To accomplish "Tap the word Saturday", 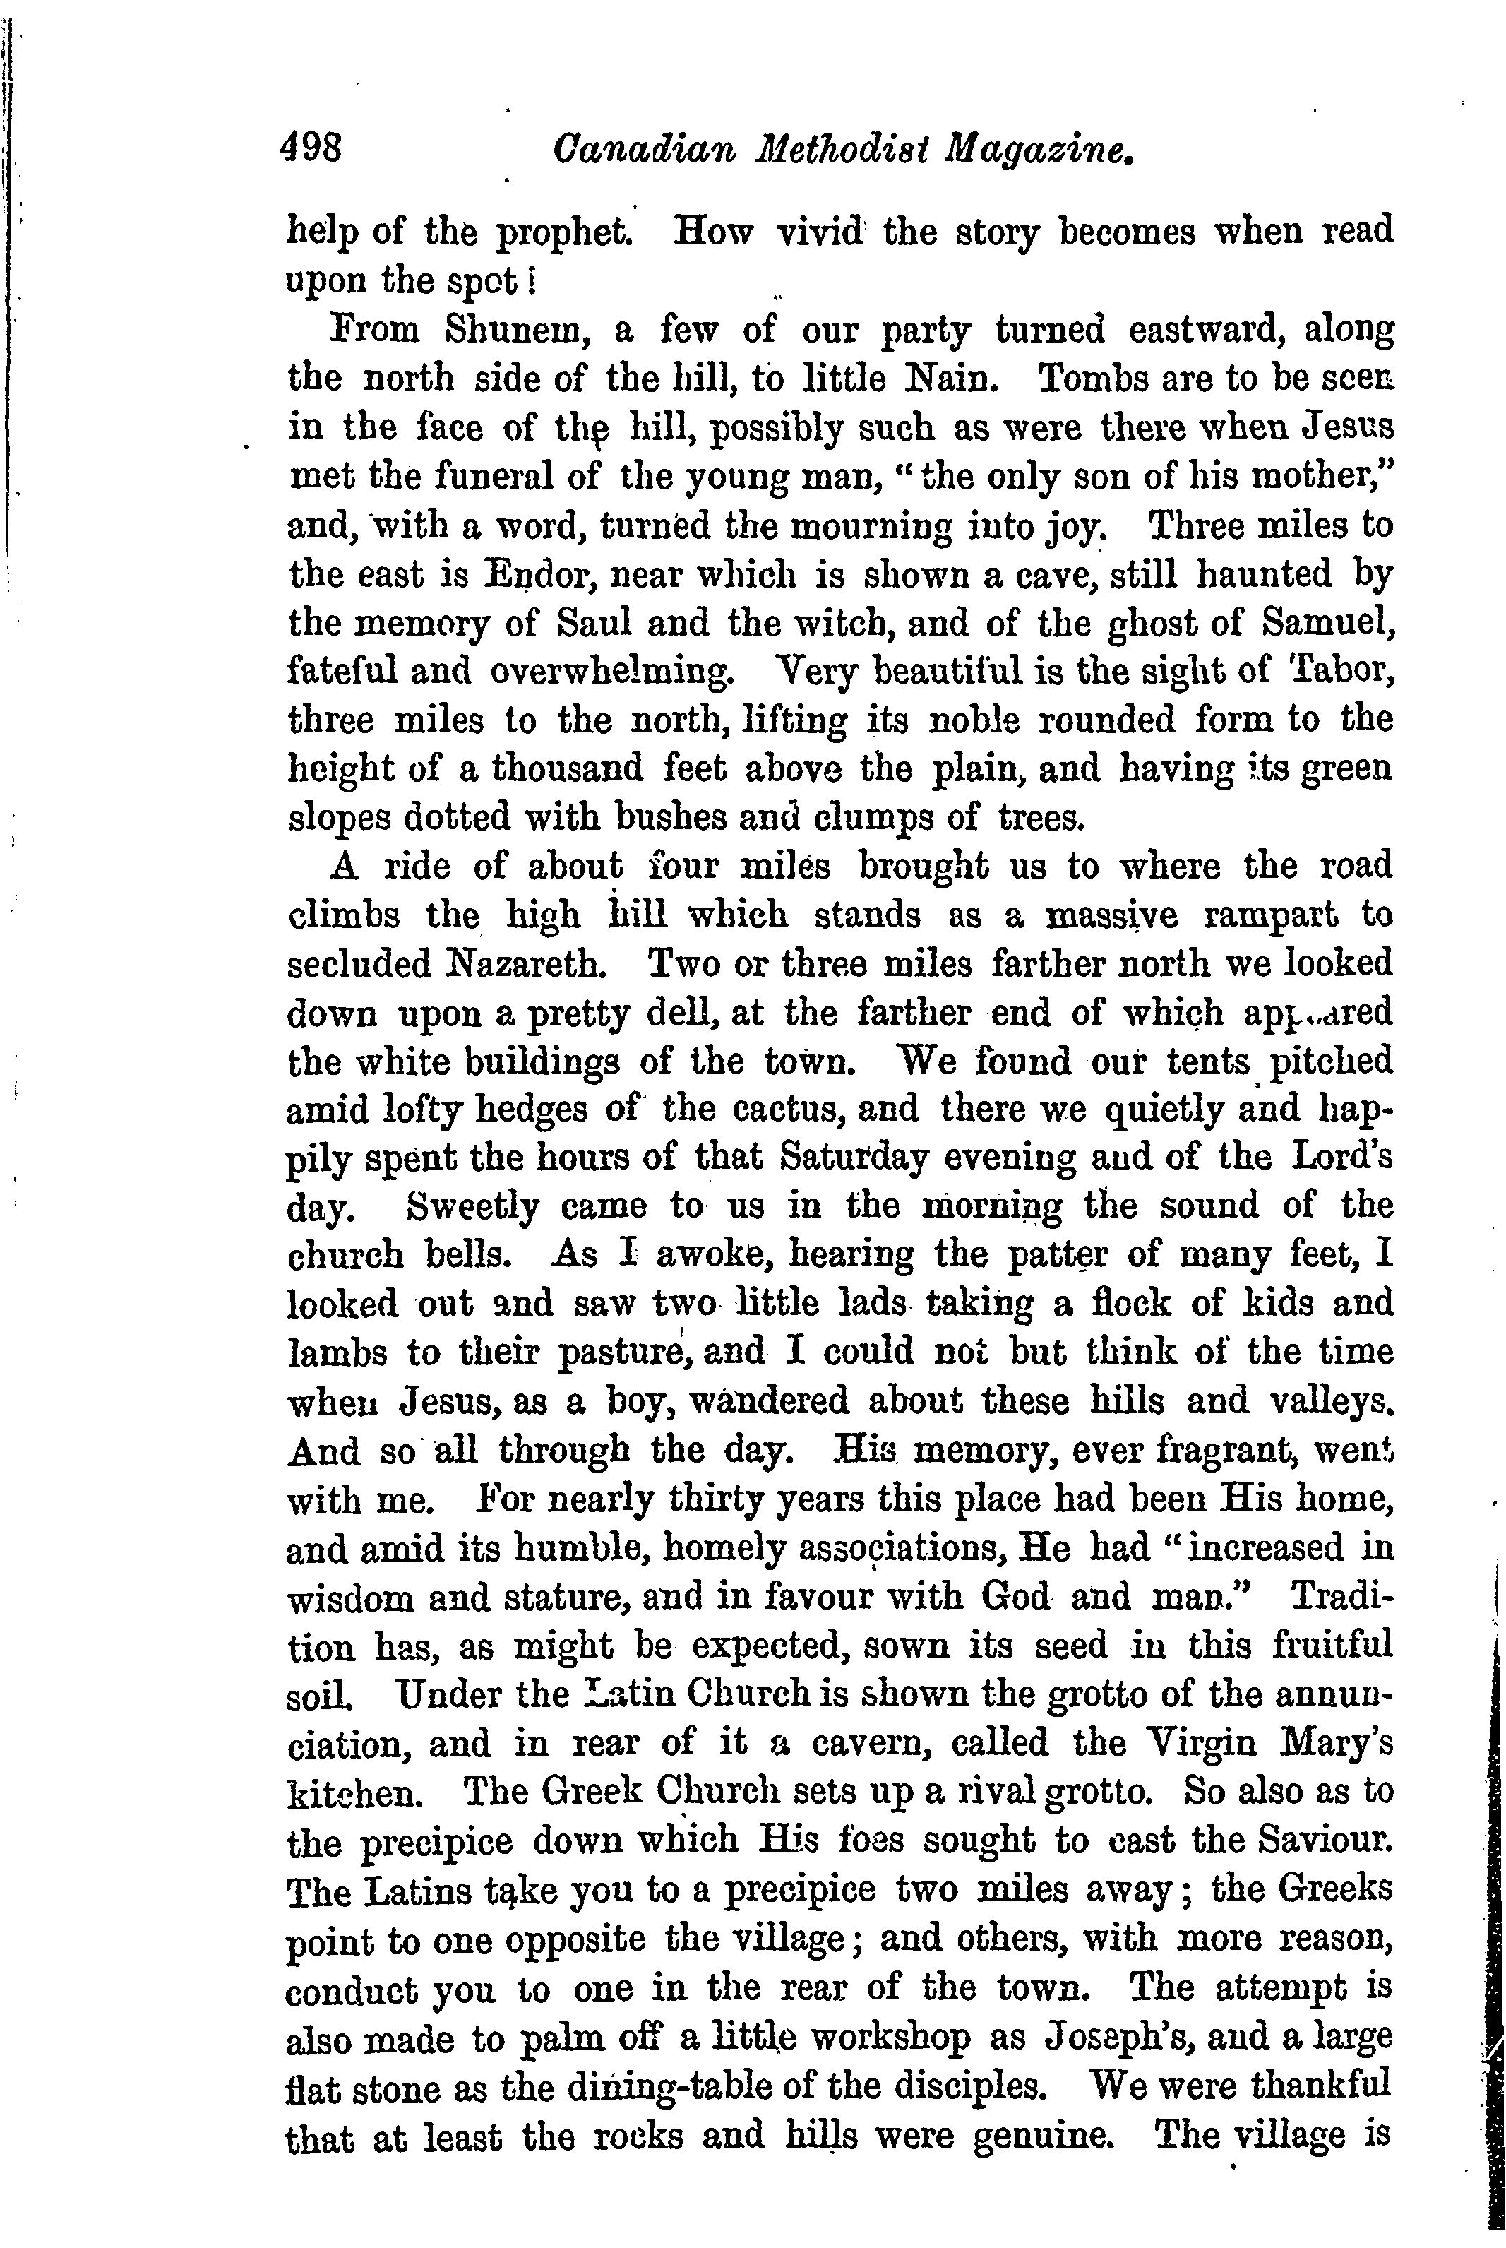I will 853,1158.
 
